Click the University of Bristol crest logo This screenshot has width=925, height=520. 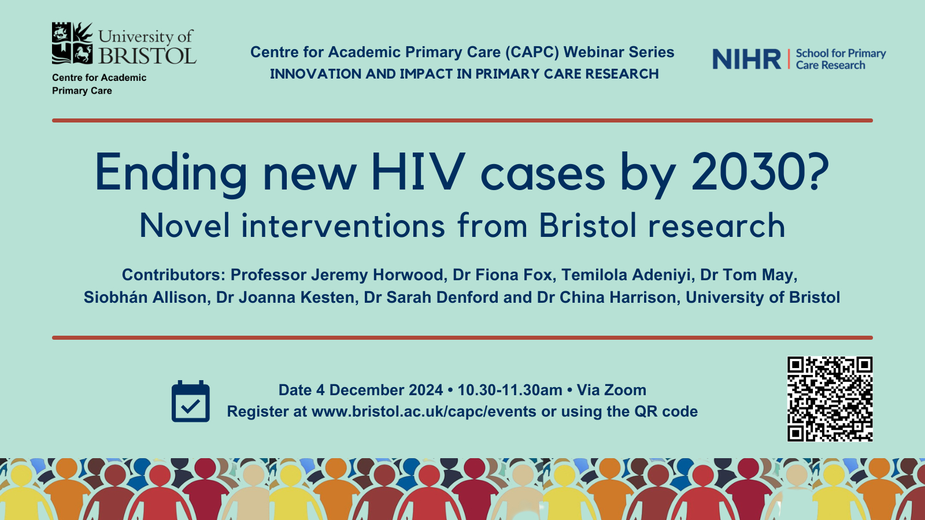(x=72, y=43)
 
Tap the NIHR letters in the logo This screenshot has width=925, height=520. (x=746, y=59)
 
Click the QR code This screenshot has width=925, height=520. (x=830, y=399)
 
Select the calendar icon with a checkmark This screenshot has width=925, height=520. (x=190, y=401)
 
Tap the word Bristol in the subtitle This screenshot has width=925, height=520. (x=588, y=225)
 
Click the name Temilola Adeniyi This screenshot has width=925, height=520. (x=626, y=275)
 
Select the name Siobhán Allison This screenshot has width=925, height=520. (x=145, y=297)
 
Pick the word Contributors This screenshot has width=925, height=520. (x=173, y=275)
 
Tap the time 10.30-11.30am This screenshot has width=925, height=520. (x=509, y=390)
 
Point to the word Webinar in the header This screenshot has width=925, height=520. (x=592, y=53)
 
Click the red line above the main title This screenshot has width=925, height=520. (x=462, y=121)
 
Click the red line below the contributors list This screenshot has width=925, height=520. (x=462, y=337)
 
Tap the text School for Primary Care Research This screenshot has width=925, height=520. (x=841, y=59)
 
